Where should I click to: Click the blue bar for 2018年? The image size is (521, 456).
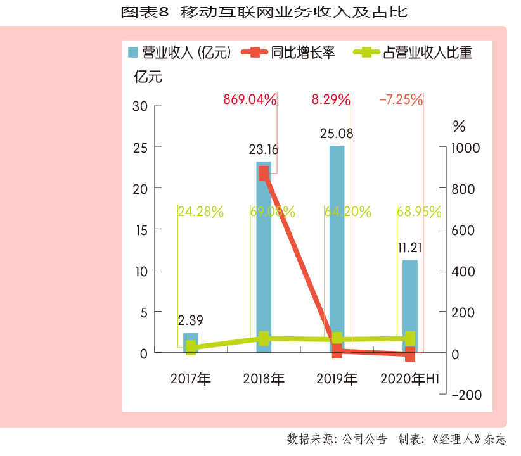[264, 253]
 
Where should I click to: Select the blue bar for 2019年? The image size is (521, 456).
[337, 241]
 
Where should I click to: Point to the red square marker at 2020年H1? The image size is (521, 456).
[410, 354]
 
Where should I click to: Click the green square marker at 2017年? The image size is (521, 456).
[191, 347]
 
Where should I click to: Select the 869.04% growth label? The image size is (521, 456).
[250, 99]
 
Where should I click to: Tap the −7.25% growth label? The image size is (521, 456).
[401, 99]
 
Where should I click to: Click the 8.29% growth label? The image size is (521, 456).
[331, 99]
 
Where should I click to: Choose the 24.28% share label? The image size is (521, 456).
[201, 212]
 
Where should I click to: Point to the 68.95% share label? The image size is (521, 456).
[419, 212]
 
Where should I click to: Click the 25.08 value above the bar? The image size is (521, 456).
[337, 134]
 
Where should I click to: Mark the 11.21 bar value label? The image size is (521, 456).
[410, 247]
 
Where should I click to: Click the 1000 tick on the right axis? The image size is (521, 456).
[466, 148]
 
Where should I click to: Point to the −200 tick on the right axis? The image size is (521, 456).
[466, 395]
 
